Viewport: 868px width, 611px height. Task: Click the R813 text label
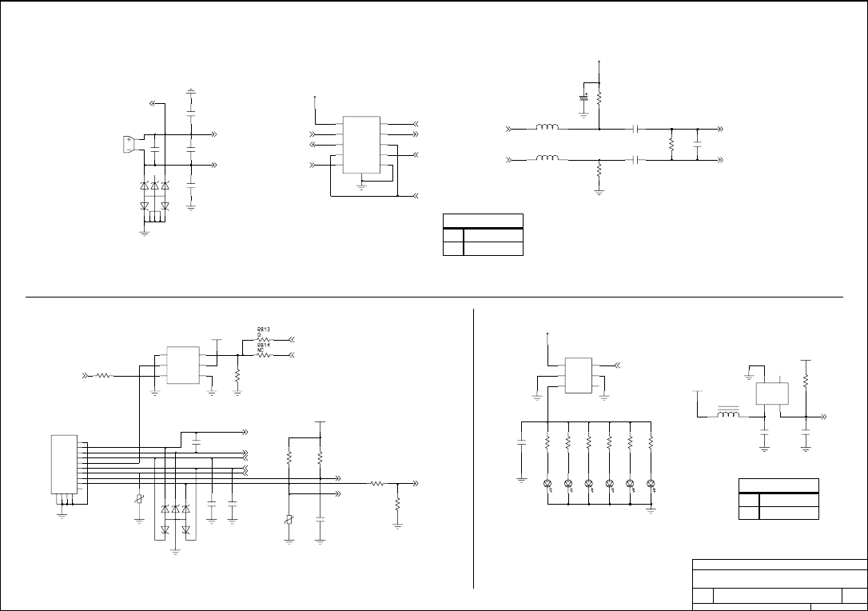coord(263,329)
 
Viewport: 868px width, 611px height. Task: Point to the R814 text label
coord(263,346)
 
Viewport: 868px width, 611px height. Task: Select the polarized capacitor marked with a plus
coord(585,98)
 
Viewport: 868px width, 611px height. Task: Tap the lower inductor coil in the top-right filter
coord(547,158)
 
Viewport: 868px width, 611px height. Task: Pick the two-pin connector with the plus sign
coord(129,144)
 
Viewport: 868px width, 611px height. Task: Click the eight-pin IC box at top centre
coord(361,145)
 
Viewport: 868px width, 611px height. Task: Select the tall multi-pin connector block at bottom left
coord(64,464)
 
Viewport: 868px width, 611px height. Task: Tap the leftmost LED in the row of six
coord(547,484)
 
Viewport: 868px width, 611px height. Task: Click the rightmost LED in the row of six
coord(651,484)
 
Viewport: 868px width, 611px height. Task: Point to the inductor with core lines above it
coord(727,414)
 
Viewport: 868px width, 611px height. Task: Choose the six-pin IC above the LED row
coord(577,375)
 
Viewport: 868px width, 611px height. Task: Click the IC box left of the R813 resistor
coord(183,365)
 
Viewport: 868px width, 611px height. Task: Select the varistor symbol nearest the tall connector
coord(140,499)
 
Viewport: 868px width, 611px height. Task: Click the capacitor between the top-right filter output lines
coord(698,146)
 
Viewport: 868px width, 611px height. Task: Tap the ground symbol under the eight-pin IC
coord(361,186)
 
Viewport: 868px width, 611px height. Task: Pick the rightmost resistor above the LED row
coord(651,441)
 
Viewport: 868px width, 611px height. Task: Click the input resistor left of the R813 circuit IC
coord(103,375)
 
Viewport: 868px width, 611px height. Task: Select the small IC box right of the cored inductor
coord(772,393)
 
